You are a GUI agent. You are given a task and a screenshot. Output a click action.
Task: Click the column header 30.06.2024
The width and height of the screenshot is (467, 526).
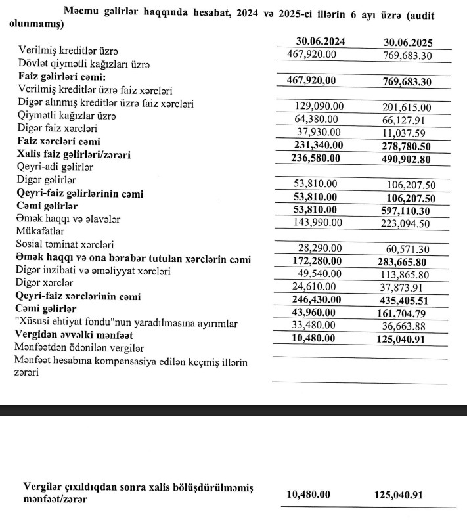click(x=321, y=42)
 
